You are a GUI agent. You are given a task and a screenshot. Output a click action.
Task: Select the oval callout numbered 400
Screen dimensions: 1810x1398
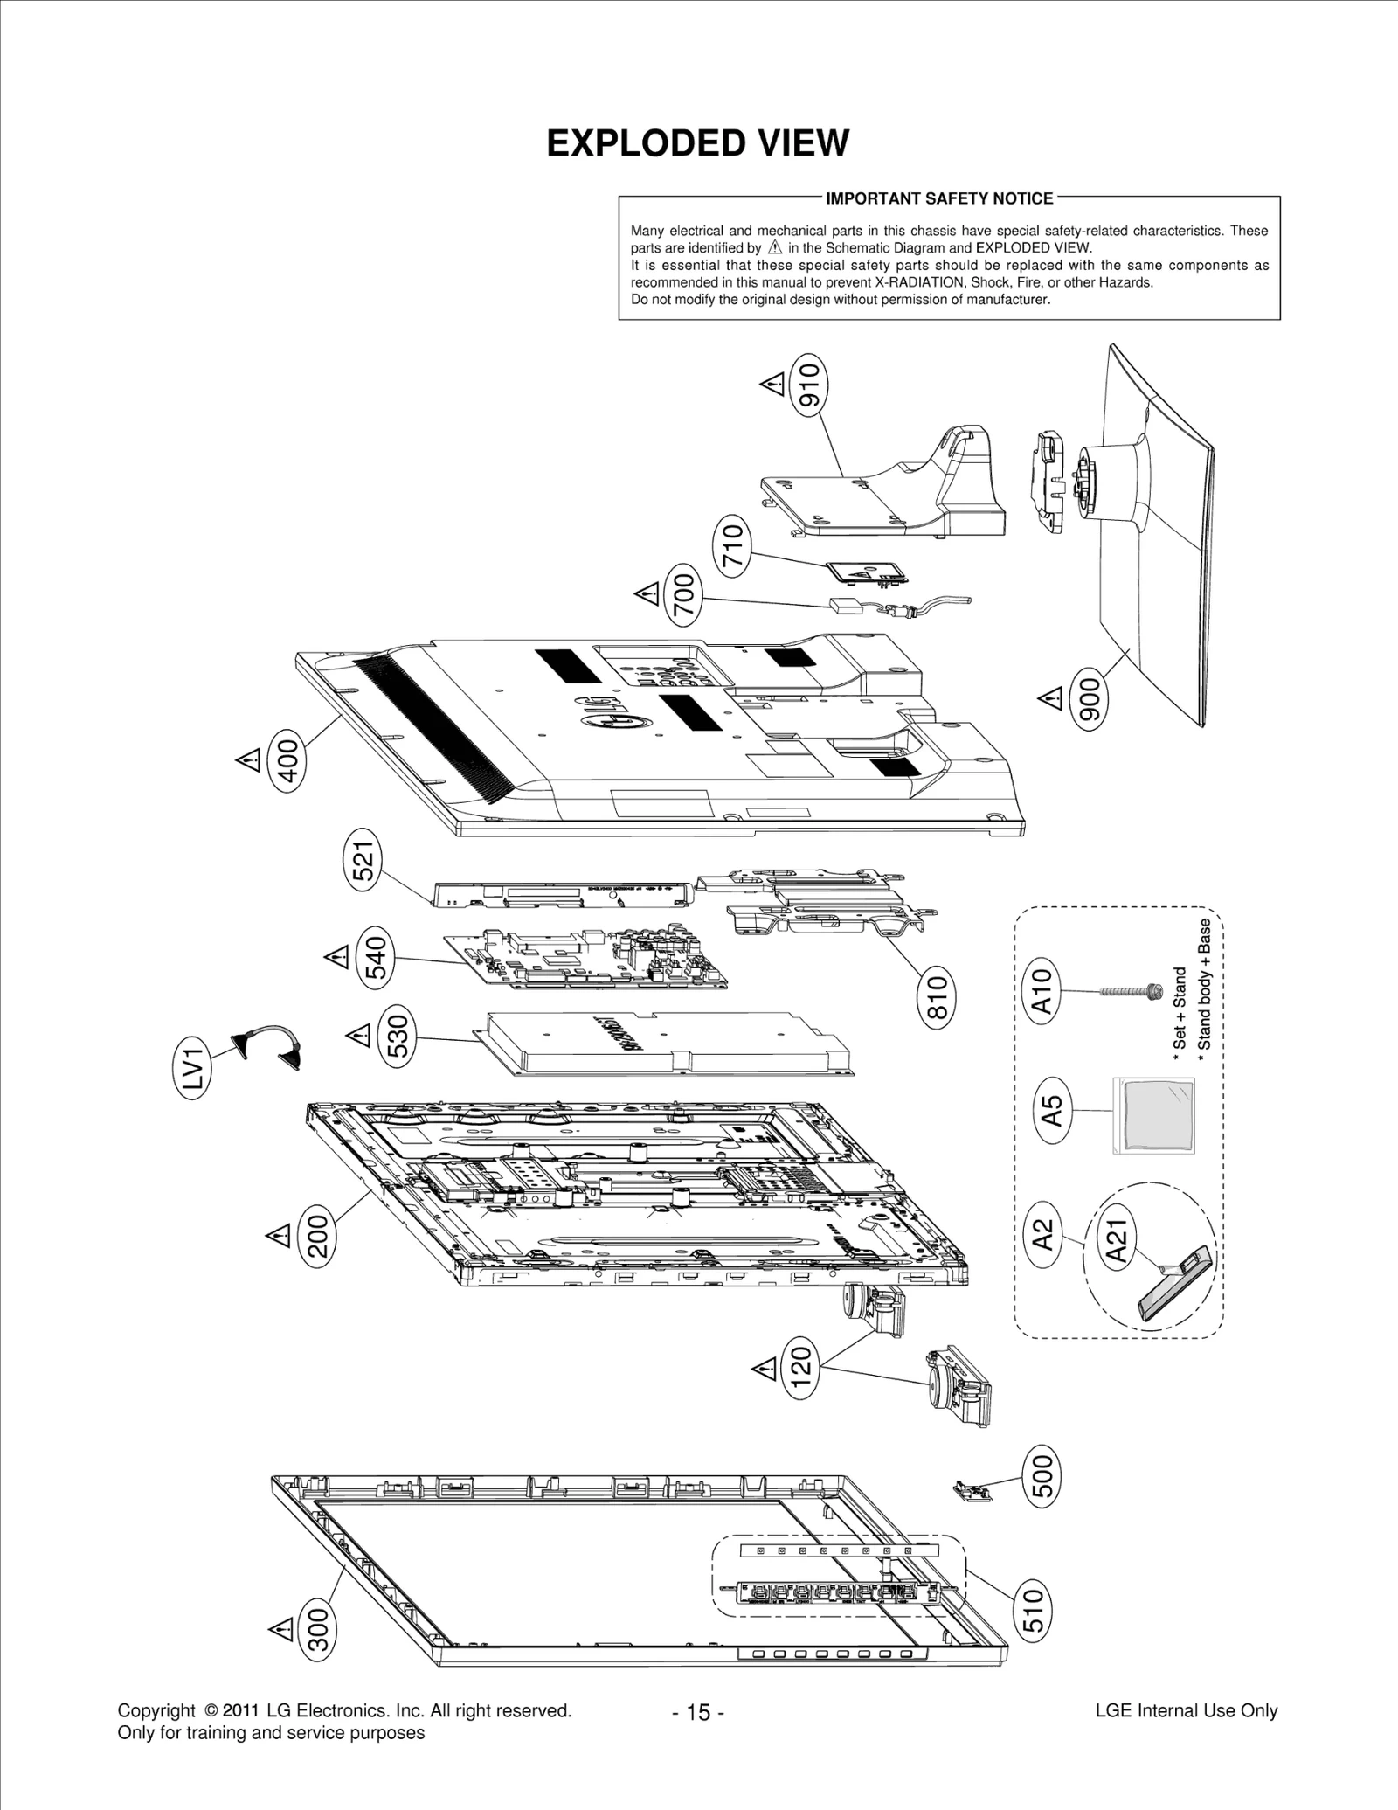click(x=288, y=762)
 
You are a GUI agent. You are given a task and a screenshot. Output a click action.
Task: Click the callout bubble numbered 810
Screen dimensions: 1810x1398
click(x=937, y=998)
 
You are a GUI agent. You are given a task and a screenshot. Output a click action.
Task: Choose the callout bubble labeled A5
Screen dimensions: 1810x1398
click(x=1053, y=1110)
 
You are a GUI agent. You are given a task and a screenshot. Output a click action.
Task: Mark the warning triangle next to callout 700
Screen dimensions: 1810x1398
click(x=647, y=594)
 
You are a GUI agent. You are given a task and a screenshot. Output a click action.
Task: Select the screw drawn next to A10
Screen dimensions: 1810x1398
click(x=1127, y=991)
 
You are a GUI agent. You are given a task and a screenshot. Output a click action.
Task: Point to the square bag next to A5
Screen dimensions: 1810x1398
click(x=1152, y=1115)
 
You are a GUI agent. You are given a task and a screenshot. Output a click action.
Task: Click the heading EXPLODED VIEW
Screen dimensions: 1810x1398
click(x=697, y=143)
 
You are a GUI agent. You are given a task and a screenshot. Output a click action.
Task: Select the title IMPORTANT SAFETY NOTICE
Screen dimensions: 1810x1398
click(x=939, y=198)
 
